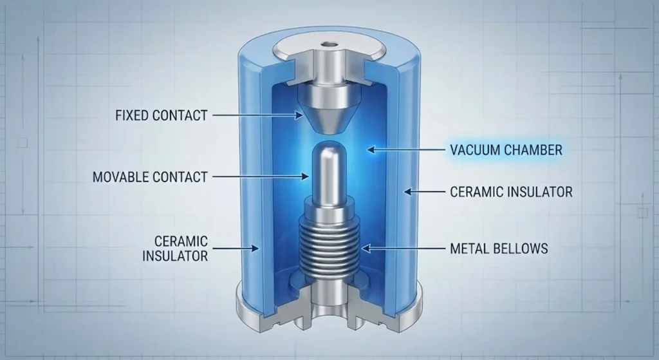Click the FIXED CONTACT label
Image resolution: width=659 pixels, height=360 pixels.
click(161, 116)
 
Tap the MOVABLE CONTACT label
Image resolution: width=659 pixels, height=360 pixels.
click(150, 175)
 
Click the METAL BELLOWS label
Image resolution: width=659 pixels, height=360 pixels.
click(498, 247)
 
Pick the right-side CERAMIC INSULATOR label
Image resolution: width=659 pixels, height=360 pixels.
click(511, 191)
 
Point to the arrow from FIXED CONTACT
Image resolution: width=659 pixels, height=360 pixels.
click(257, 116)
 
